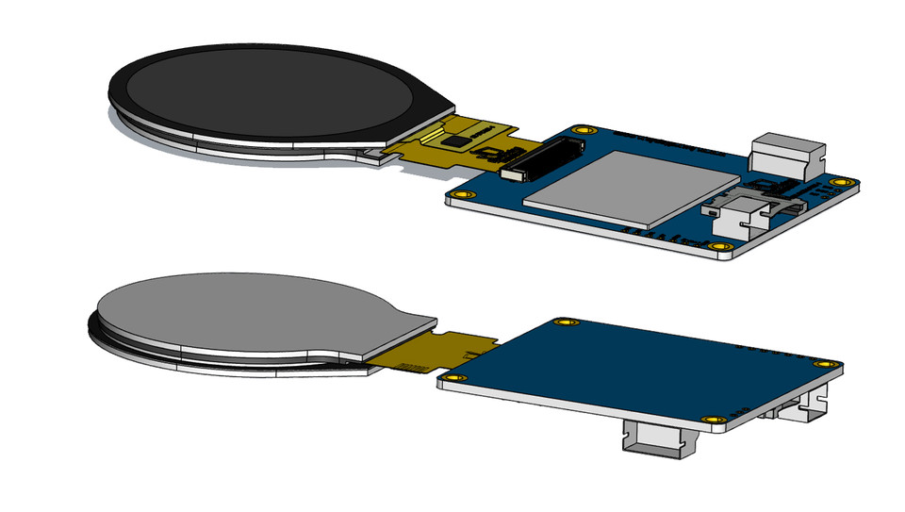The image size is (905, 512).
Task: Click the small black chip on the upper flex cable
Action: (x=458, y=140)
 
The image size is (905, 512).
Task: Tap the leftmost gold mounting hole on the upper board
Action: (x=461, y=195)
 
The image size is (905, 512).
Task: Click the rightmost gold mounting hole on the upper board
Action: (x=835, y=180)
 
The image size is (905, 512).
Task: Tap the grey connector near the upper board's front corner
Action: (x=740, y=218)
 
